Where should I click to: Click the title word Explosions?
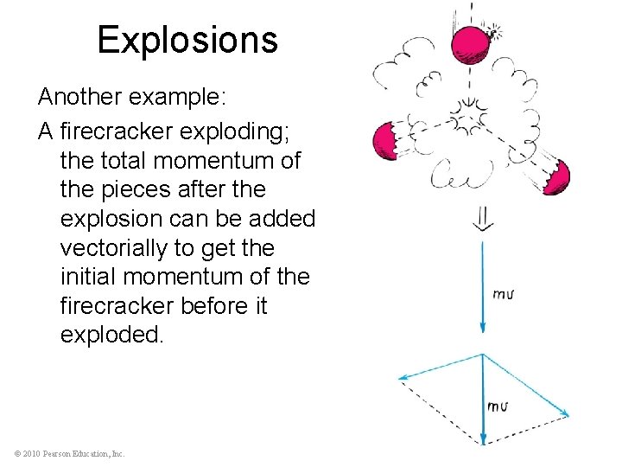click(187, 40)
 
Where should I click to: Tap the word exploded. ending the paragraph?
click(111, 335)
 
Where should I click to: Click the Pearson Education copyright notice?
click(70, 453)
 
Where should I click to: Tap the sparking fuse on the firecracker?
click(496, 32)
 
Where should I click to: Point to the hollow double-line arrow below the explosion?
click(482, 220)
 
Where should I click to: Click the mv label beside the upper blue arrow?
click(504, 295)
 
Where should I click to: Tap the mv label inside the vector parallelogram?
click(498, 406)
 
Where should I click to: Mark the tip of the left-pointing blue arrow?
click(399, 377)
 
